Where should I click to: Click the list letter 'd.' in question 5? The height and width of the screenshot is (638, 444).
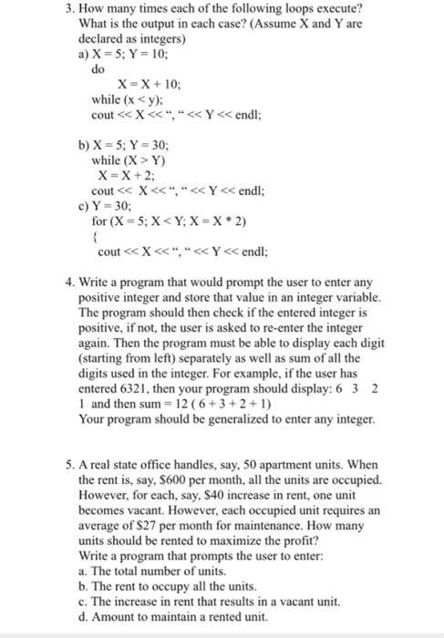pyautogui.click(x=84, y=617)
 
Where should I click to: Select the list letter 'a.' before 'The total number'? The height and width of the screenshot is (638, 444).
pyautogui.click(x=84, y=571)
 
